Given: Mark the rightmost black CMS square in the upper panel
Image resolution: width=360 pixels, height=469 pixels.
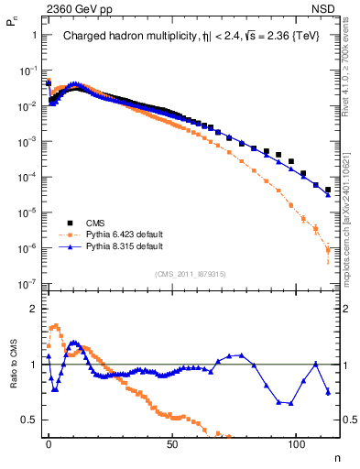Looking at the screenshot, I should (328, 190).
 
